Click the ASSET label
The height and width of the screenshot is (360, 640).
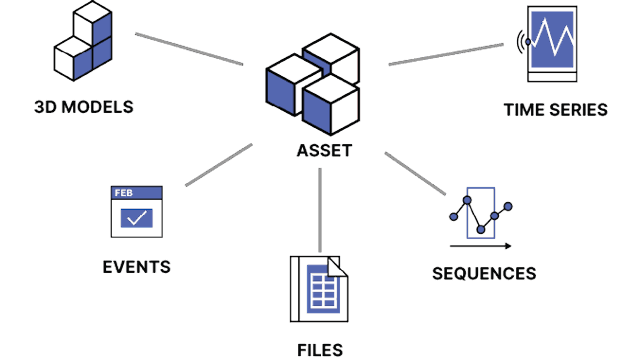point(324,152)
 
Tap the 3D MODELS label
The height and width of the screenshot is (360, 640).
point(83,106)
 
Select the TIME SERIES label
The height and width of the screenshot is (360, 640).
point(555,109)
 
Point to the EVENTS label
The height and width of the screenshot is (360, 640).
point(136,267)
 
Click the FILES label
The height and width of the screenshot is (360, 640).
point(320,349)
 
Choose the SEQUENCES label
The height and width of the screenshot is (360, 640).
point(484,273)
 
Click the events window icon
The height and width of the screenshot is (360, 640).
point(136,209)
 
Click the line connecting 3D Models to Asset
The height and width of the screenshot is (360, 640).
point(189,49)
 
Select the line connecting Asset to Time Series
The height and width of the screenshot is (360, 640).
point(446,54)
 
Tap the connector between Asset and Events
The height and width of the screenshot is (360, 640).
point(219,165)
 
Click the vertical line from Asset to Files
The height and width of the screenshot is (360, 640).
point(319,210)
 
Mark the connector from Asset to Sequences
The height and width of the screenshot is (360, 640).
point(415,173)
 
